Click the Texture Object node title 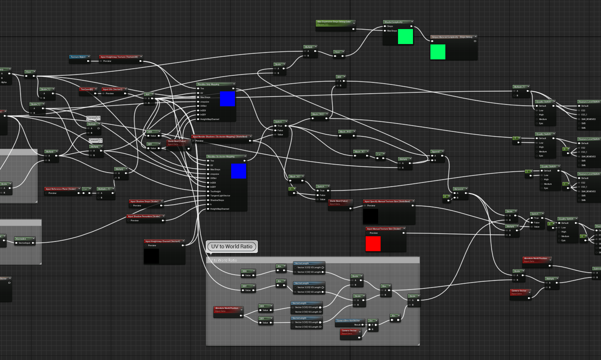pos(78,57)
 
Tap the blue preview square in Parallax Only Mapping pos(227,99)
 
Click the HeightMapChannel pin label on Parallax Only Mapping pos(210,119)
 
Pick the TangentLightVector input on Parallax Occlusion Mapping pos(220,196)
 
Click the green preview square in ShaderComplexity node pos(406,37)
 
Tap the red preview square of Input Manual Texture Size pos(373,244)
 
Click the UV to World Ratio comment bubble pos(232,247)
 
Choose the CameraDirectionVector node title pos(349,321)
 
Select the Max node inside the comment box pos(384,286)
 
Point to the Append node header pos(435,152)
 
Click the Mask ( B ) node pos(360,152)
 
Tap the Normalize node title pos(22,239)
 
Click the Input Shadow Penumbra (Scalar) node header pos(144,216)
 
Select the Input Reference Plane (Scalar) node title pos(61,189)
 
